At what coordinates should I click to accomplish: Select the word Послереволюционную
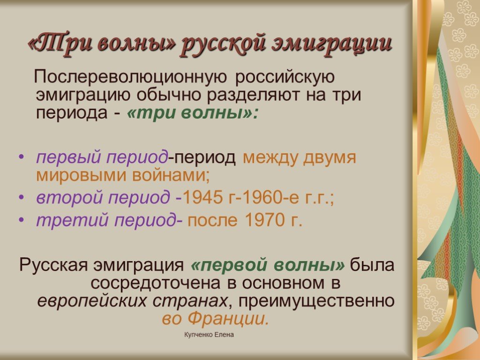(x=131, y=77)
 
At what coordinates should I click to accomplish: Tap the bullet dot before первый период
(x=21, y=157)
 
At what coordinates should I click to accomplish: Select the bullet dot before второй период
(x=21, y=197)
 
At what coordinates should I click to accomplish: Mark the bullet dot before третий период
(x=21, y=220)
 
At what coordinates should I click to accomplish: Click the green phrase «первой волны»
(x=268, y=265)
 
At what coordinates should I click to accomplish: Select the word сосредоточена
(x=155, y=283)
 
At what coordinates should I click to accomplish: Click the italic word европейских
(x=92, y=301)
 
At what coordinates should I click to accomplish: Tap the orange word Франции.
(x=228, y=319)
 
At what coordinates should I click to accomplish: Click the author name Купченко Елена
(x=209, y=335)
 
